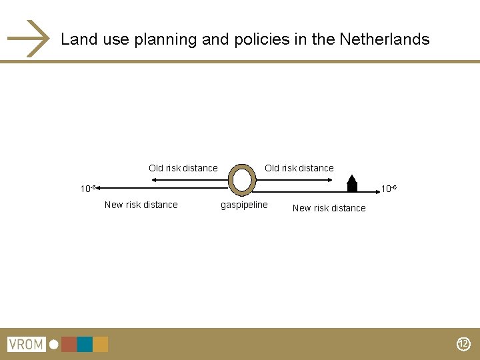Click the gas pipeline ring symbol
click(241, 179)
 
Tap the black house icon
click(352, 183)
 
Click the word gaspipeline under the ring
click(244, 205)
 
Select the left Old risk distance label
click(183, 168)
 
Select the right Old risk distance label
click(299, 168)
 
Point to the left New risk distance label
click(141, 205)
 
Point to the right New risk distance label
click(329, 208)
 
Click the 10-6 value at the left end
click(88, 189)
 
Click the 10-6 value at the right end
click(389, 189)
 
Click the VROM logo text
click(25, 345)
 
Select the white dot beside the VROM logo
click(53, 345)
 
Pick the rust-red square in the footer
click(69, 345)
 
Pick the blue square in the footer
click(85, 345)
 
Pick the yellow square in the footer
click(101, 345)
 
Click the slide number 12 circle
click(463, 345)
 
